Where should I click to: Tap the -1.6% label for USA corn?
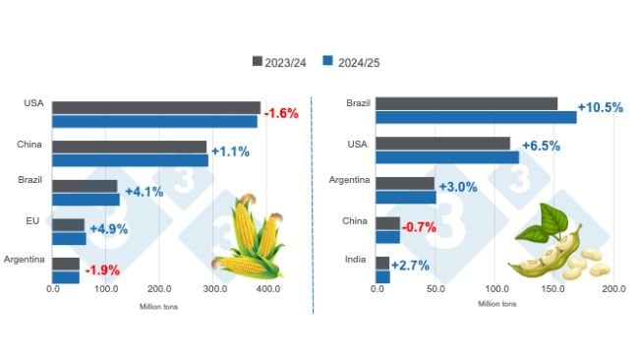280,113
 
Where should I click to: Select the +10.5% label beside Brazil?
601,108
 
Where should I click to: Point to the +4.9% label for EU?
110,229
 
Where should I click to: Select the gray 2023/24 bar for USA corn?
156,107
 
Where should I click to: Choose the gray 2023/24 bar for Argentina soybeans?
405,183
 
